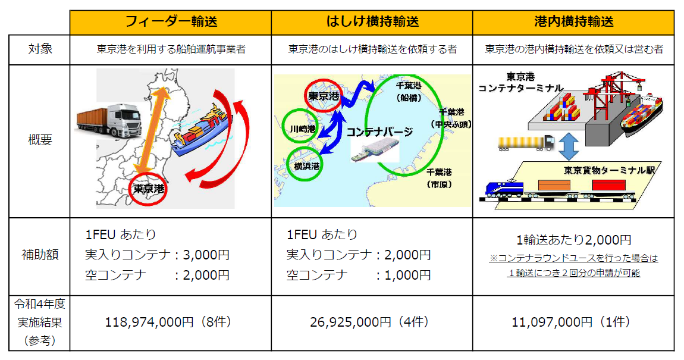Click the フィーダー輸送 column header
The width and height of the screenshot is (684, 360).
pyautogui.click(x=171, y=21)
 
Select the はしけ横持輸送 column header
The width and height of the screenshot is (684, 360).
pyautogui.click(x=372, y=21)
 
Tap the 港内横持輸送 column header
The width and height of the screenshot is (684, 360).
pyautogui.click(x=573, y=21)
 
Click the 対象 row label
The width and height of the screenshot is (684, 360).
pyautogui.click(x=40, y=49)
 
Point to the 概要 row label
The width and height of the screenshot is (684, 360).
pyautogui.click(x=40, y=140)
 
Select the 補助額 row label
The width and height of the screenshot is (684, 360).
pyautogui.click(x=40, y=255)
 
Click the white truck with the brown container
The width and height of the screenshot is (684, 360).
pyautogui.click(x=109, y=120)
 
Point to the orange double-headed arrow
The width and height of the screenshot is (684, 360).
pyautogui.click(x=151, y=131)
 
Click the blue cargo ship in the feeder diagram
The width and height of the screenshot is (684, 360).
pyautogui.click(x=200, y=130)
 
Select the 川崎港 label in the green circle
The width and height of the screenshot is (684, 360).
pyautogui.click(x=303, y=129)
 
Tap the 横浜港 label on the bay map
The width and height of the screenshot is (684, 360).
pyautogui.click(x=307, y=166)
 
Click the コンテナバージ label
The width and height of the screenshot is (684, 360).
pyautogui.click(x=379, y=132)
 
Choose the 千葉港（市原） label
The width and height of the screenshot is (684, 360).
pyautogui.click(x=439, y=178)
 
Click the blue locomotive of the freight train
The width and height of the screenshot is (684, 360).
pyautogui.click(x=504, y=189)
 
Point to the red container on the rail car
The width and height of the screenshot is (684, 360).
pyautogui.click(x=608, y=185)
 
